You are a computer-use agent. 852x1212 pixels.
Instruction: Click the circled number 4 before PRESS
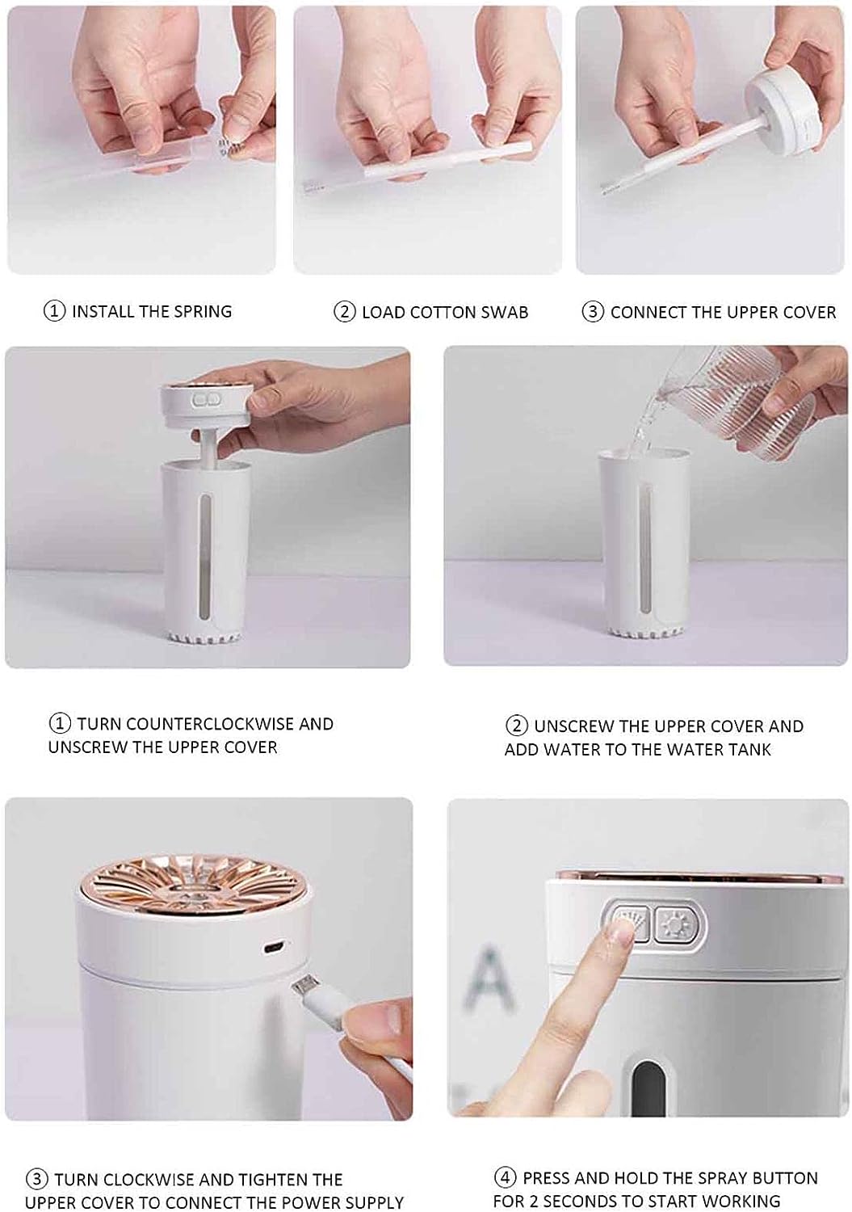505,1177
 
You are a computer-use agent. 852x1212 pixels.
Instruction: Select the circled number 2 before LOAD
345,312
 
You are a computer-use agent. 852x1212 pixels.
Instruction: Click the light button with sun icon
672,923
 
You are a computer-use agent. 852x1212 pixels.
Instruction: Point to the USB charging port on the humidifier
275,945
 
